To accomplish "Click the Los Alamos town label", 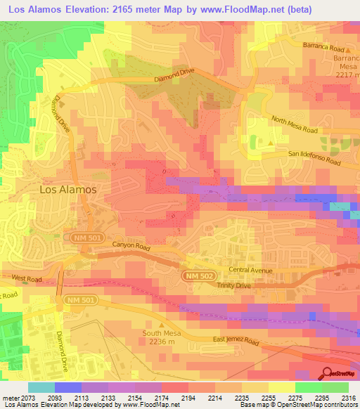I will tap(67, 190).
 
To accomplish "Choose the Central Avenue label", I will tap(250, 269).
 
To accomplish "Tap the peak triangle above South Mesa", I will tap(162, 324).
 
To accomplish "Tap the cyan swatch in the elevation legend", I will tap(41, 387).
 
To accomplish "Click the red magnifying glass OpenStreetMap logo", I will tap(328, 373).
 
